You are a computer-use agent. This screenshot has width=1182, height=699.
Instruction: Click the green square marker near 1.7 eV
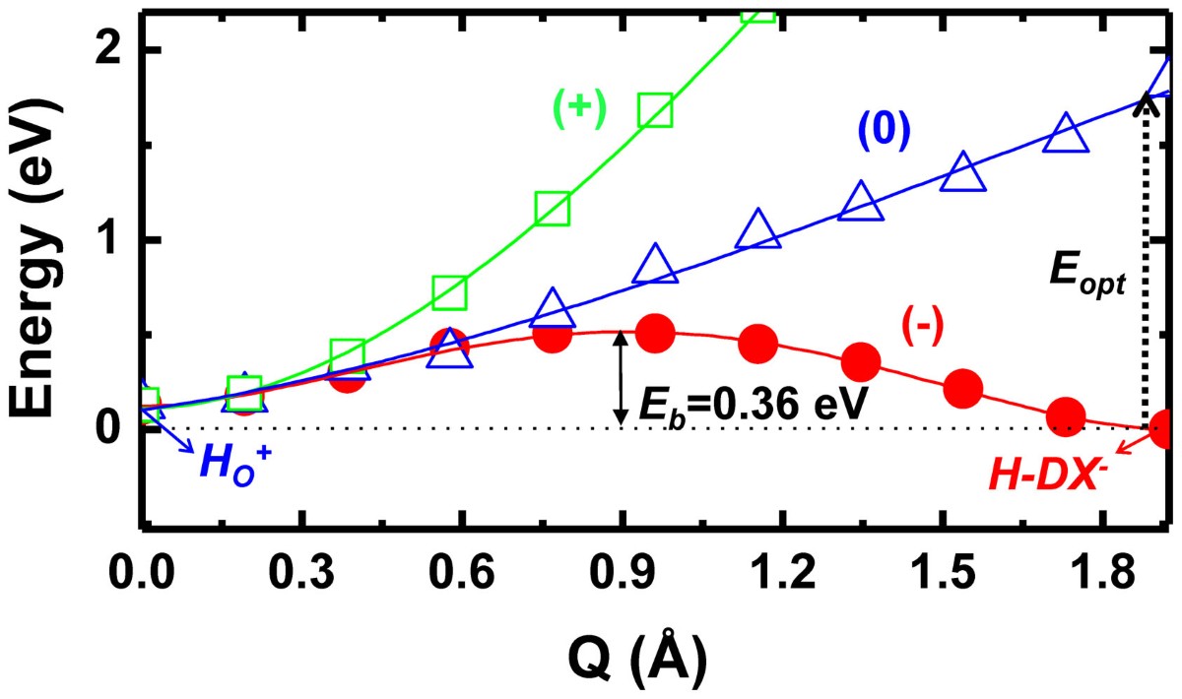[x=655, y=110]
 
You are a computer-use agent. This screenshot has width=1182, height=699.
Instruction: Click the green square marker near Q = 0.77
[x=553, y=209]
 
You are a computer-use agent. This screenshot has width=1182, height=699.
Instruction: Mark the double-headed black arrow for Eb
[x=620, y=379]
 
